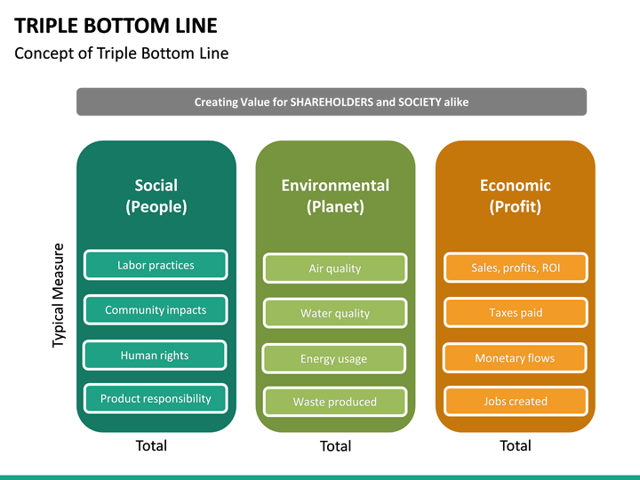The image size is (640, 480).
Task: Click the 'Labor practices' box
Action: (156, 265)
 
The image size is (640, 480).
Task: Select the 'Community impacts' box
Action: (156, 310)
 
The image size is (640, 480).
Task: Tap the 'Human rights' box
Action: (155, 355)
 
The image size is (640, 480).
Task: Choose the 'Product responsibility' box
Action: (156, 398)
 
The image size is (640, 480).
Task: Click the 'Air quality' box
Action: (335, 268)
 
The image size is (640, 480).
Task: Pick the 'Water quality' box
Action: (335, 313)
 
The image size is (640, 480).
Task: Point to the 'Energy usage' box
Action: (334, 358)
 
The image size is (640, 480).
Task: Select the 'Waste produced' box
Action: (335, 402)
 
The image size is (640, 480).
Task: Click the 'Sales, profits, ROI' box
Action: (516, 268)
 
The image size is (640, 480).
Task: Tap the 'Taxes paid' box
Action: (516, 312)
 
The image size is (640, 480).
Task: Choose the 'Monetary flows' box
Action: (515, 358)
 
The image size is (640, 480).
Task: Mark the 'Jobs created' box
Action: (516, 401)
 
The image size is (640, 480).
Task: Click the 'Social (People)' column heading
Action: (156, 196)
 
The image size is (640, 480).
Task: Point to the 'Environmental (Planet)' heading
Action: (335, 196)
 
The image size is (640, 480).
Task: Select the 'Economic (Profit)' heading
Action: (515, 196)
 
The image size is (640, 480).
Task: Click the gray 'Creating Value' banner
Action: (332, 101)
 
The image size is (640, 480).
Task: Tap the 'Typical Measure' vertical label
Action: (58, 295)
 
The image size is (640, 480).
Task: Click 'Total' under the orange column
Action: (516, 445)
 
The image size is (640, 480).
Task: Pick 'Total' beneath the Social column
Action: (151, 445)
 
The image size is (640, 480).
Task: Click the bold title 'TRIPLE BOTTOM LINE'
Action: (116, 25)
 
